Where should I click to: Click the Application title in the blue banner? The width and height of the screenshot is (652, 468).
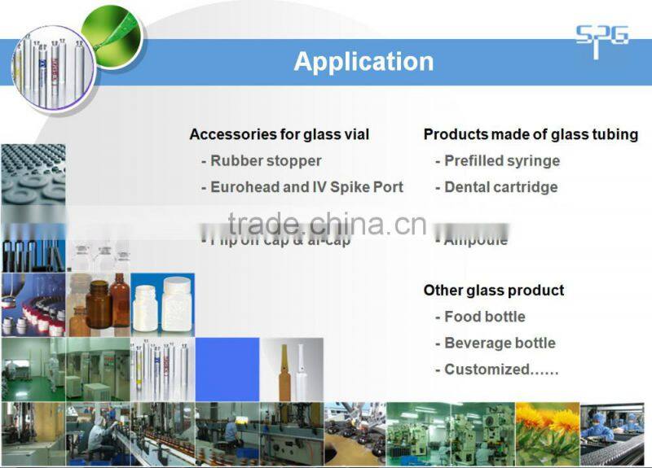[363, 62]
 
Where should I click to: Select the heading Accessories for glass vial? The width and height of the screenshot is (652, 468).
[279, 134]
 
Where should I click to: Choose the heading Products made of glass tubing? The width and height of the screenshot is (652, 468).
[531, 134]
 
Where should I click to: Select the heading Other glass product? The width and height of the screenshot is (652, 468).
[494, 291]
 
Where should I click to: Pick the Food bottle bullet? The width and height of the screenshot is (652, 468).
[485, 317]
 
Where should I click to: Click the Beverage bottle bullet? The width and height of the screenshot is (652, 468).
[500, 343]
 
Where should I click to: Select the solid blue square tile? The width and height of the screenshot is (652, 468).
[227, 370]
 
